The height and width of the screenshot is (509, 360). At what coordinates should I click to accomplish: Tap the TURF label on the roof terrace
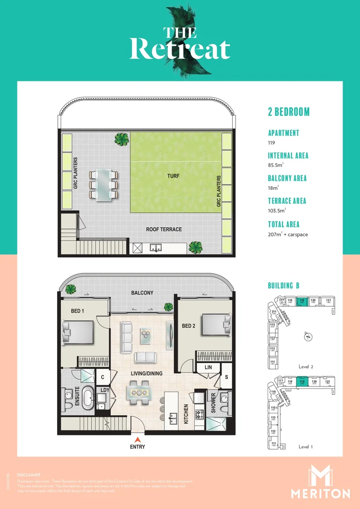click(x=173, y=176)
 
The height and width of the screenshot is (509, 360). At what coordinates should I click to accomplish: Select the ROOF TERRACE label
click(x=164, y=230)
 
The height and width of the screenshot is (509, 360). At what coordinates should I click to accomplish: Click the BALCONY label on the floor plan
click(x=142, y=293)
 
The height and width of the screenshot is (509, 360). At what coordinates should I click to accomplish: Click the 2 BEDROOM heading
click(x=289, y=112)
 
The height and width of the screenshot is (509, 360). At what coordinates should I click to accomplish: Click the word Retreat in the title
click(x=180, y=49)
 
